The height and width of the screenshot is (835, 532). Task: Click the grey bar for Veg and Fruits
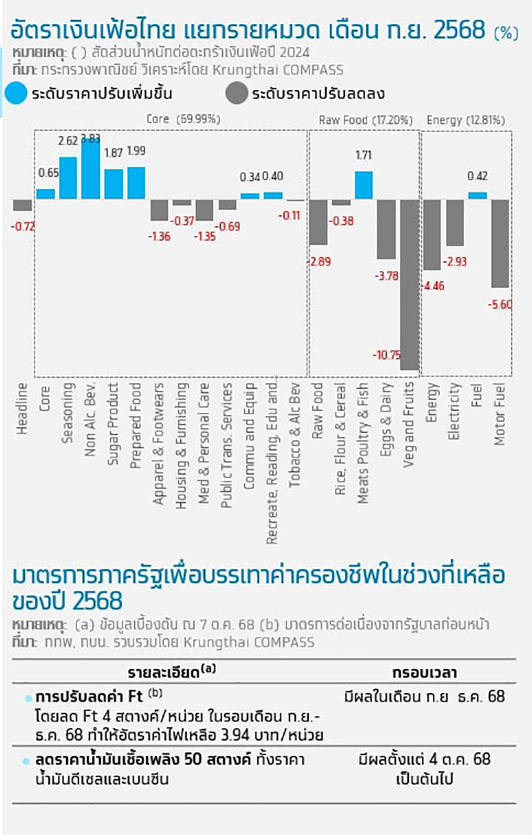pyautogui.click(x=410, y=285)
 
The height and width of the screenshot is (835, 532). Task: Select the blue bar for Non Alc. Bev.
pyautogui.click(x=90, y=170)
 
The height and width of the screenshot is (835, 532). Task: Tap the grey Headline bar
pyautogui.click(x=22, y=205)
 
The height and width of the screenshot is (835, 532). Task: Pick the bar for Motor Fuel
pyautogui.click(x=501, y=243)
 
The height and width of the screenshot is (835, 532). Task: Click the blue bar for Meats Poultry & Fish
pyautogui.click(x=364, y=185)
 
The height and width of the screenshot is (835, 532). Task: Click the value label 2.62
pyautogui.click(x=68, y=141)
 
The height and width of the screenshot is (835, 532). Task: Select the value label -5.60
pyautogui.click(x=503, y=304)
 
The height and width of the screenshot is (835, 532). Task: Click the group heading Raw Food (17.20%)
pyautogui.click(x=365, y=120)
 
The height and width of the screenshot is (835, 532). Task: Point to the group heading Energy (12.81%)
pyautogui.click(x=465, y=120)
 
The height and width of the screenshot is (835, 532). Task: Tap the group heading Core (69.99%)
pyautogui.click(x=183, y=119)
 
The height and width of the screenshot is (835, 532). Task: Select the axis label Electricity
pyautogui.click(x=455, y=412)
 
